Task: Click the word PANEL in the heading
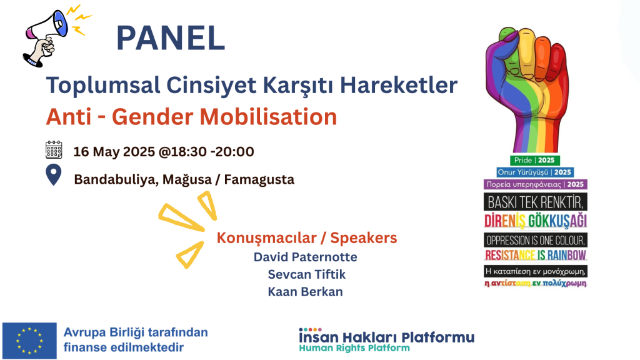[171, 38]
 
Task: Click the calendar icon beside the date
[54, 150]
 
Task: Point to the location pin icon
[54, 176]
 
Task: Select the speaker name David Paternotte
[306, 257]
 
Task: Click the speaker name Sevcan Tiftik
[306, 274]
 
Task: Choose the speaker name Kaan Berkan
[306, 292]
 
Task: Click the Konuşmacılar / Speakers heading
[307, 238]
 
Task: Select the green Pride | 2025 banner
[536, 160]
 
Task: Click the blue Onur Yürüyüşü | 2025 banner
[535, 172]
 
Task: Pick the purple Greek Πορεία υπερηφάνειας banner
[535, 184]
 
